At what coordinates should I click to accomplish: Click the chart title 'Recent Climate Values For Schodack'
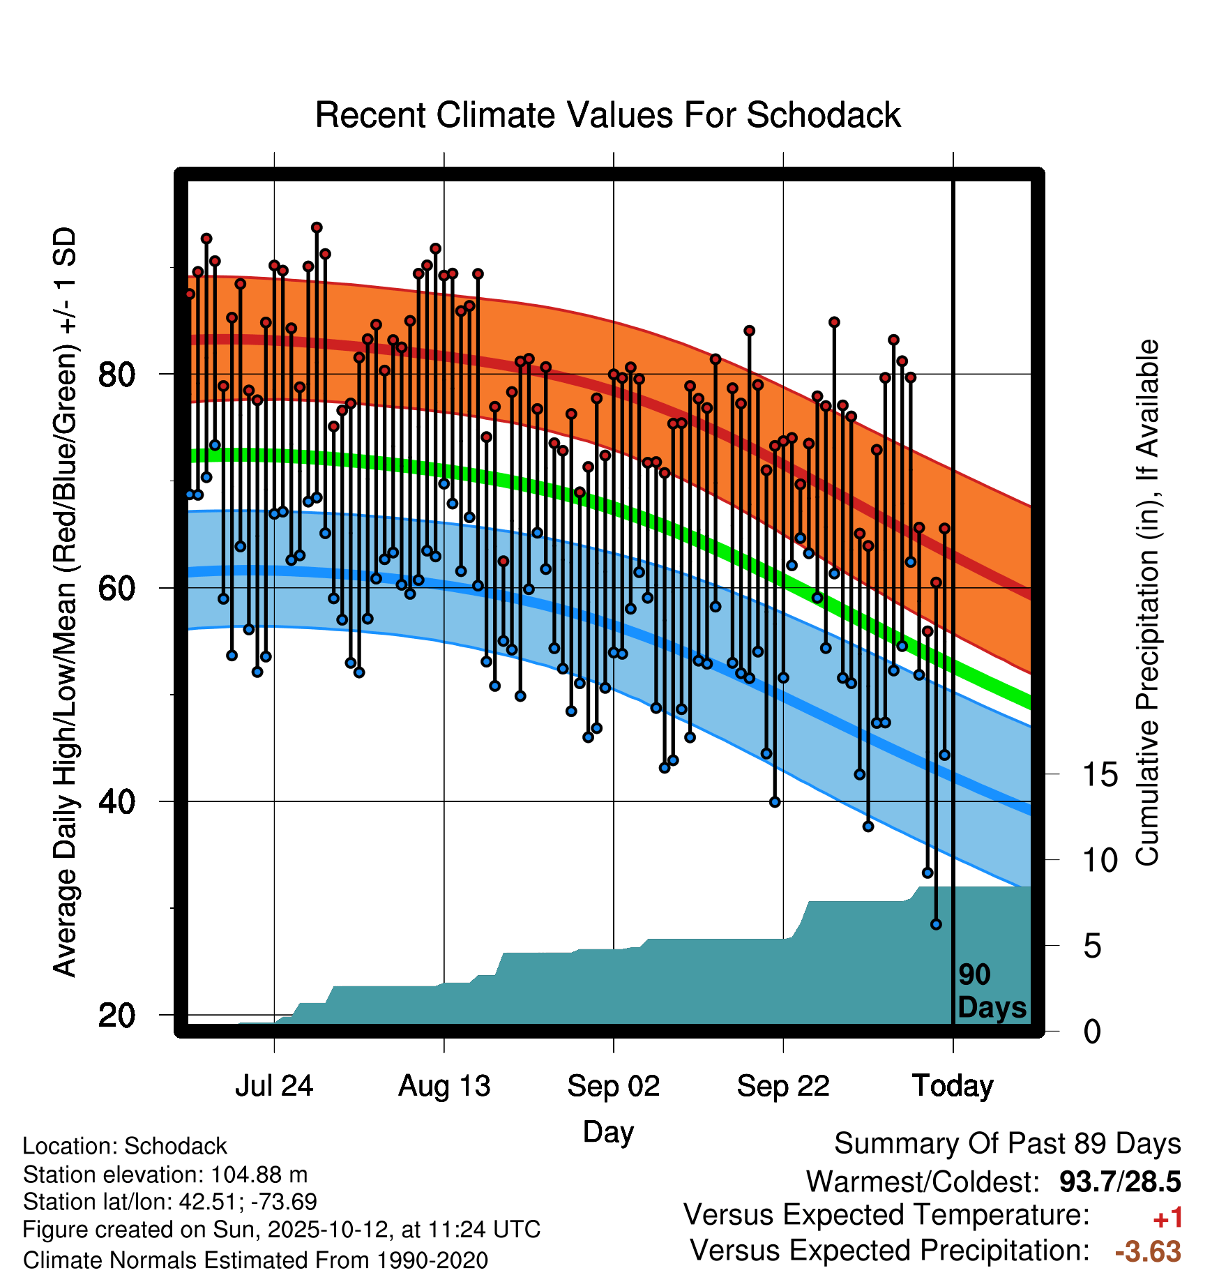click(x=607, y=115)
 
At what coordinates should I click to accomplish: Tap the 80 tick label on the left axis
click(x=116, y=375)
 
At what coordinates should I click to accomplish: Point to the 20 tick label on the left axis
click(x=116, y=1015)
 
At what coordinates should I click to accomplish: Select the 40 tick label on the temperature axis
click(x=116, y=801)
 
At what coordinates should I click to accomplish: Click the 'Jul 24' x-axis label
click(x=274, y=1086)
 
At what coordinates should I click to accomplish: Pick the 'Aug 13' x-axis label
click(x=444, y=1086)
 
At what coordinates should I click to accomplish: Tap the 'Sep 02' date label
click(x=613, y=1086)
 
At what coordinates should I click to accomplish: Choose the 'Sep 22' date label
click(x=783, y=1086)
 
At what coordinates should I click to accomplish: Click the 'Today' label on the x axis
click(x=953, y=1086)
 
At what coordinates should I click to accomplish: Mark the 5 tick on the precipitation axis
click(x=1092, y=946)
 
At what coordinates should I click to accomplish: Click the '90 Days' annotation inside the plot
click(x=991, y=991)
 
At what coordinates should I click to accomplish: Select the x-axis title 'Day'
click(x=608, y=1131)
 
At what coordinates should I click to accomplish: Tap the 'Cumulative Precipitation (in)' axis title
click(x=1147, y=603)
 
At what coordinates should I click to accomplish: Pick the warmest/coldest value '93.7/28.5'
click(x=1120, y=1182)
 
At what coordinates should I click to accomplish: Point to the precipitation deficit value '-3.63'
click(x=1148, y=1252)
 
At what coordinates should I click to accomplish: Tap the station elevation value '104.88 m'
click(x=259, y=1175)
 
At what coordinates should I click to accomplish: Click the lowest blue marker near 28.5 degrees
click(x=936, y=924)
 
